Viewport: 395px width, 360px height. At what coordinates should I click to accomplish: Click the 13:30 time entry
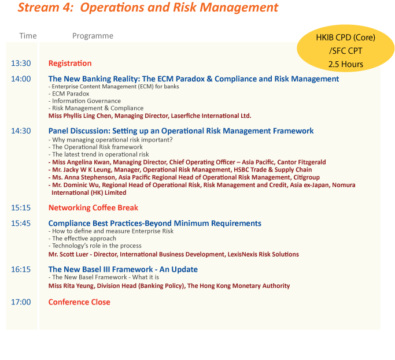[21, 63]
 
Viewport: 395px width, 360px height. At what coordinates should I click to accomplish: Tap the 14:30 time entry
[21, 131]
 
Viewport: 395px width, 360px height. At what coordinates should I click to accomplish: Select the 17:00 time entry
[21, 302]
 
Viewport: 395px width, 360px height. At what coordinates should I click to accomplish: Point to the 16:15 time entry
[21, 269]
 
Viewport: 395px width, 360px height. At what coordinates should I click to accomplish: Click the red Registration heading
[70, 64]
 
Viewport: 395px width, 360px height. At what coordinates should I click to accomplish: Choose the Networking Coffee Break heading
[93, 207]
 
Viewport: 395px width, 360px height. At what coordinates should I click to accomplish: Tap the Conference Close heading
[79, 302]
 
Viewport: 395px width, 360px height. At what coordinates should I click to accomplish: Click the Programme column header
[93, 36]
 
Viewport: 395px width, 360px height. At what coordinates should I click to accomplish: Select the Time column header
[28, 36]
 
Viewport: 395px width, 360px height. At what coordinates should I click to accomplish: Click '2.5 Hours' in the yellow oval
[346, 64]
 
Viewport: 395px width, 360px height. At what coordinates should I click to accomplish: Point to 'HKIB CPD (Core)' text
[346, 38]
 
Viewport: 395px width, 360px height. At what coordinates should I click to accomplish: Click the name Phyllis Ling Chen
[87, 116]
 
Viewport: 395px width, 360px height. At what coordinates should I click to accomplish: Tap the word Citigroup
[307, 177]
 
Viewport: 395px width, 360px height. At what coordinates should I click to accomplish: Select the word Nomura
[344, 185]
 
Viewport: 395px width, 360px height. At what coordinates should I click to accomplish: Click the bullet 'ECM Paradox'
[71, 94]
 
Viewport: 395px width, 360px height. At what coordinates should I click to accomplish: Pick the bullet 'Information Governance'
[86, 101]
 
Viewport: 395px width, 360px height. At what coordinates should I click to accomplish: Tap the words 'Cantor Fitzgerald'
[301, 162]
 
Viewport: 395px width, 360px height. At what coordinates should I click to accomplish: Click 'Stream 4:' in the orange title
[45, 8]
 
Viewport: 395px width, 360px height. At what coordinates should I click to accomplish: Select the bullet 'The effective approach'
[84, 239]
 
